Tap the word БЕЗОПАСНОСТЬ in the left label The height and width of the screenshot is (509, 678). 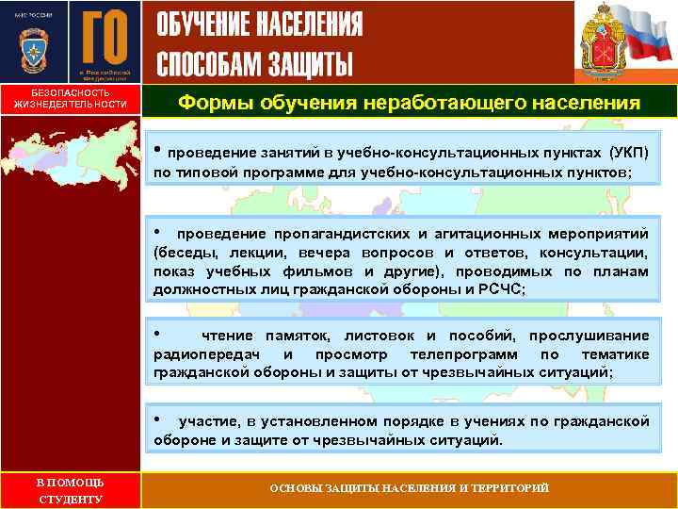(71, 93)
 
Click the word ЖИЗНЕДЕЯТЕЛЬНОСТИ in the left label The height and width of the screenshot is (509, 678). (71, 105)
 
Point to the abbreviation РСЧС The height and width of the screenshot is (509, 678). (487, 289)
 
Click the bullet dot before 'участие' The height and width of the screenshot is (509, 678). (159, 419)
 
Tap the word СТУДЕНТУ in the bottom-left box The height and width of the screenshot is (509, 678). (70, 499)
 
